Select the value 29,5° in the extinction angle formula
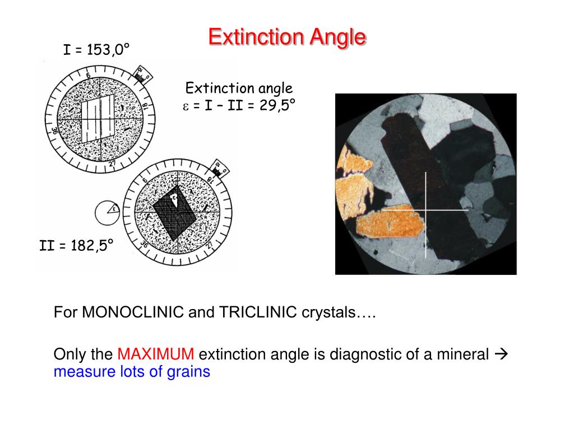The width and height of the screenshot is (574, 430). pos(277,105)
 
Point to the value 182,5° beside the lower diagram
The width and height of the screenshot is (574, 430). pos(91,245)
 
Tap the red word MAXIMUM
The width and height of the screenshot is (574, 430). pos(156,354)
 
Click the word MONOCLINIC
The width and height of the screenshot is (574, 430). pos(133,312)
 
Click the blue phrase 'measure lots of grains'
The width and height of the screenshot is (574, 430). pos(132,371)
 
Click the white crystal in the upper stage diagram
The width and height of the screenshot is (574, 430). pos(98,119)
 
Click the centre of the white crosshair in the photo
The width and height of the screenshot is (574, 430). pos(426,210)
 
